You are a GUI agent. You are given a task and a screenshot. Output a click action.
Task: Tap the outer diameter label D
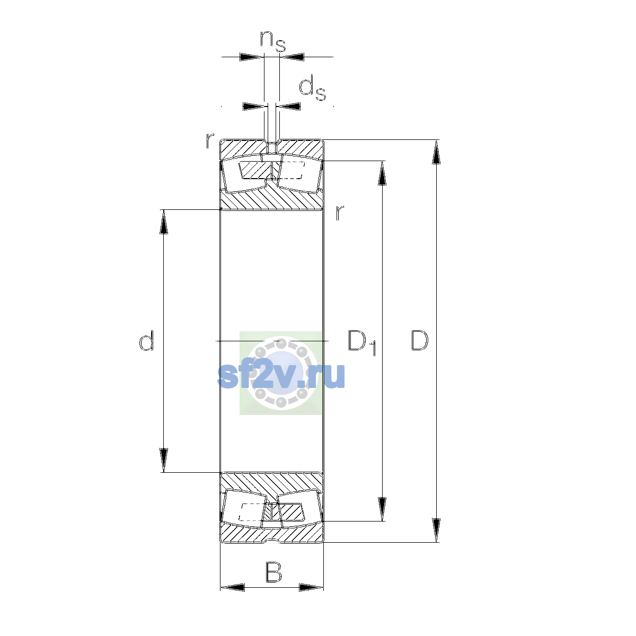(x=419, y=340)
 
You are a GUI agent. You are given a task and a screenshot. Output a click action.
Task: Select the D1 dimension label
(x=362, y=342)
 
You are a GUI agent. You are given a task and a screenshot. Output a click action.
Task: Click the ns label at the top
(x=273, y=41)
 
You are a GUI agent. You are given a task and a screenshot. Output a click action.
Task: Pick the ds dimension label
(x=312, y=88)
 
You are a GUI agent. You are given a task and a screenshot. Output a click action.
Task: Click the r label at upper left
(x=210, y=140)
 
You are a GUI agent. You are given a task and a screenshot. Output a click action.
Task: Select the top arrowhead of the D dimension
(x=436, y=152)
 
